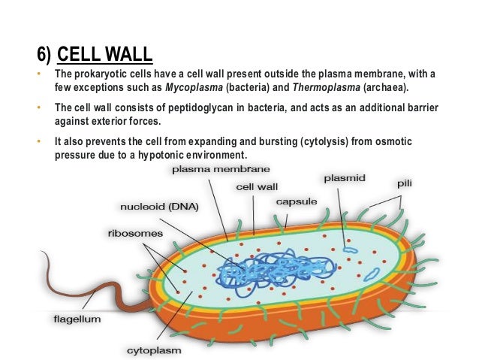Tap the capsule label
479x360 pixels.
point(296,201)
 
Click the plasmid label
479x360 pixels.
point(344,178)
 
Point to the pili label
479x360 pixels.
point(405,183)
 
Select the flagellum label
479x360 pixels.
point(77,318)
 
